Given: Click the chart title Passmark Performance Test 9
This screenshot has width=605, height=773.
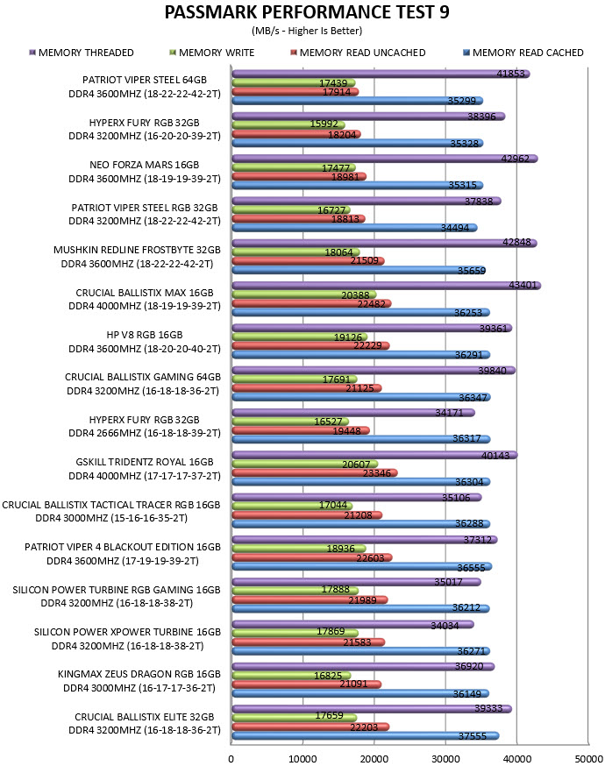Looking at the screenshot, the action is click(307, 12).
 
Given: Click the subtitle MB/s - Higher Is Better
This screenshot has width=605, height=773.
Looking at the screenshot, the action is click(307, 31).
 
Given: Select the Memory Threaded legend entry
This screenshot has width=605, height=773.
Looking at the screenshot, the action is click(82, 53).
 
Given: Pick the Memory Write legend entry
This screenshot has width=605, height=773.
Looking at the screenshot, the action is click(211, 53).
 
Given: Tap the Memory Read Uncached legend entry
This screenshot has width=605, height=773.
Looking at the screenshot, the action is click(358, 53).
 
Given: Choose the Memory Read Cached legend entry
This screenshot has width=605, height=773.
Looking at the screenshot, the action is click(523, 53).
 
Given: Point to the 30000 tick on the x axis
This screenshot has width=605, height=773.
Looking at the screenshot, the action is click(445, 759).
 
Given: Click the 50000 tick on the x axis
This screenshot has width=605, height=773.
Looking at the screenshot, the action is click(587, 759).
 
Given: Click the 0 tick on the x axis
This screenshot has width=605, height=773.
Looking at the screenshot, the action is click(231, 759).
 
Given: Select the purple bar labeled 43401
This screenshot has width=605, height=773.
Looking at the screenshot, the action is click(387, 286).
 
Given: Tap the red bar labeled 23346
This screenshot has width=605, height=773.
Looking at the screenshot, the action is click(315, 473).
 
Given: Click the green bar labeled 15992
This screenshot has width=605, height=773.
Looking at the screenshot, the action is click(288, 125).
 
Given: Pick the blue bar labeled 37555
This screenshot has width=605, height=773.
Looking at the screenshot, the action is click(366, 736).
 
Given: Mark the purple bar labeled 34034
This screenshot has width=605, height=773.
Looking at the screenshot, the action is click(353, 625).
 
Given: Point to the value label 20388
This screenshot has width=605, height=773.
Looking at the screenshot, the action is click(355, 295).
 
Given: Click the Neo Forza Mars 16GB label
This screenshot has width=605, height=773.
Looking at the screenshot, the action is click(145, 165).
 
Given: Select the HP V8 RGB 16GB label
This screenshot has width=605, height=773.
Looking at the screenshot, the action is click(145, 335).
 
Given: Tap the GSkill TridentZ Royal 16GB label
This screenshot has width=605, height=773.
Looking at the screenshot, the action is click(145, 462).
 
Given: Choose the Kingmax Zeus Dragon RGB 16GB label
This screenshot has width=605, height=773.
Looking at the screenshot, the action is click(139, 674).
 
